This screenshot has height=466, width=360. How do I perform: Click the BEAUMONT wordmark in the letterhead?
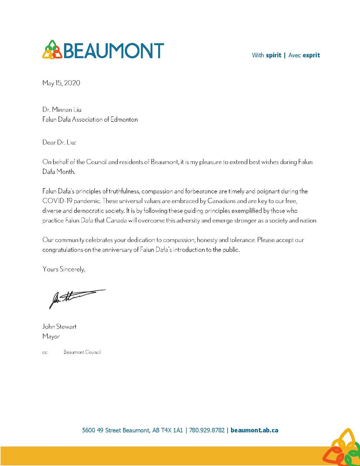pyautogui.click(x=114, y=50)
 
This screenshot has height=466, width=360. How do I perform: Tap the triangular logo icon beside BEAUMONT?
pyautogui.click(x=52, y=50)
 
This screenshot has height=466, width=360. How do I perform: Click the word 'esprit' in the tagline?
pyautogui.click(x=311, y=55)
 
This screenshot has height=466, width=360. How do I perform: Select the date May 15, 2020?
pyautogui.click(x=61, y=83)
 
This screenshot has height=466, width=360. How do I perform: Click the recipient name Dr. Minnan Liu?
pyautogui.click(x=62, y=110)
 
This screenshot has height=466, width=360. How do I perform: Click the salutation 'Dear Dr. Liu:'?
pyautogui.click(x=59, y=142)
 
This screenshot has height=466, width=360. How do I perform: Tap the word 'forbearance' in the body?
pyautogui.click(x=201, y=191)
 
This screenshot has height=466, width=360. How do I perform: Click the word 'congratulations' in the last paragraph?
pyautogui.click(x=62, y=250)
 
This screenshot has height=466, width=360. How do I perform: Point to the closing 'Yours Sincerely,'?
pyautogui.click(x=64, y=269)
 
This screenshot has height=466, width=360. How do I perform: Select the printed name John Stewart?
pyautogui.click(x=59, y=327)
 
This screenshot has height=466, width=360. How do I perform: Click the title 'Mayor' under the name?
pyautogui.click(x=51, y=336)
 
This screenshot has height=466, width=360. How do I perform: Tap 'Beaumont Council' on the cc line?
pyautogui.click(x=82, y=352)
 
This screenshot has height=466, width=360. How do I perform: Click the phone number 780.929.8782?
pyautogui.click(x=207, y=430)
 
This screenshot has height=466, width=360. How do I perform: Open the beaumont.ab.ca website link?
pyautogui.click(x=254, y=430)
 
